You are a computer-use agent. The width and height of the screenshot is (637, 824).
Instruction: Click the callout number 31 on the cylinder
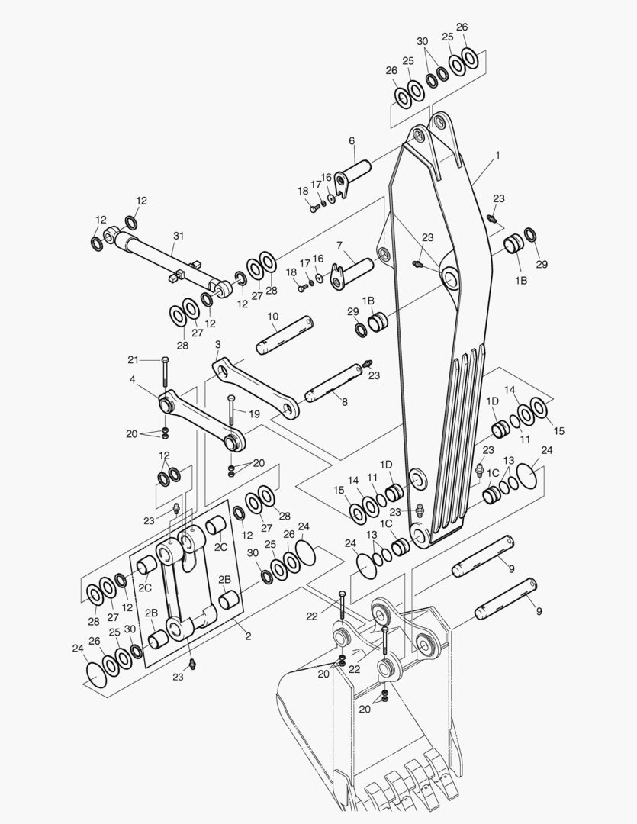[x=179, y=236]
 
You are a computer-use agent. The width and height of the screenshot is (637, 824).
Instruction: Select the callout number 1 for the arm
[x=497, y=155]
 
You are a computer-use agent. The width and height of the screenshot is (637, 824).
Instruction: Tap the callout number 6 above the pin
[x=352, y=140]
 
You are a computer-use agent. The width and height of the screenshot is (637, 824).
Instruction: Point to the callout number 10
[x=272, y=316]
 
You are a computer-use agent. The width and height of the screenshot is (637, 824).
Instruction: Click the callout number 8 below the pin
[x=345, y=401]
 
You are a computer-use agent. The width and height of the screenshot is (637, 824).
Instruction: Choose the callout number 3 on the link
[x=218, y=345]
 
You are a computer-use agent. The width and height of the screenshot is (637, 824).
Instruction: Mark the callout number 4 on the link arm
[x=132, y=378]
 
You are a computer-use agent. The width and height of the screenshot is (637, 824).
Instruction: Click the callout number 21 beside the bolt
[x=133, y=359]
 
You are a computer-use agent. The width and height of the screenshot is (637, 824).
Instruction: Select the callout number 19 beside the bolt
[x=254, y=414]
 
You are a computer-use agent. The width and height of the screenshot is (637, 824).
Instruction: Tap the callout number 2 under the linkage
[x=248, y=636]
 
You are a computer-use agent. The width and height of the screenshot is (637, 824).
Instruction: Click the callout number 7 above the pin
[x=339, y=245]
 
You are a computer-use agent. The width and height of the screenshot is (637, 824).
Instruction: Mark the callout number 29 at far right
[x=541, y=264]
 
